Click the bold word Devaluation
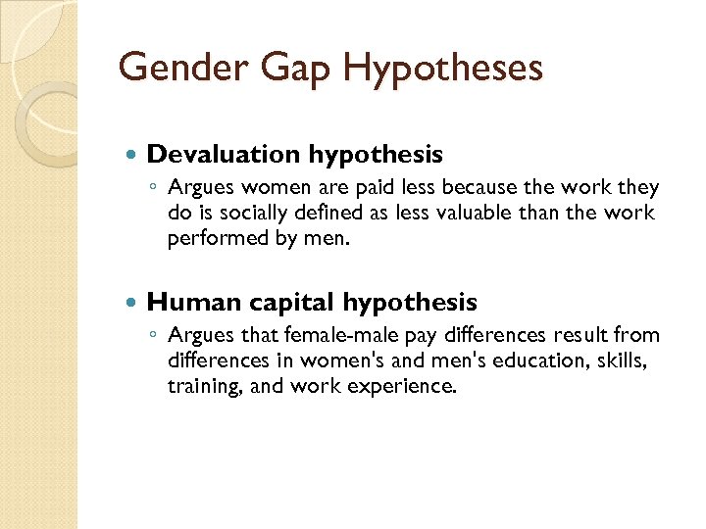[224, 154]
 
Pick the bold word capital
[283, 304]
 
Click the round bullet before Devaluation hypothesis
[132, 155]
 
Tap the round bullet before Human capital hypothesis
[132, 303]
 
